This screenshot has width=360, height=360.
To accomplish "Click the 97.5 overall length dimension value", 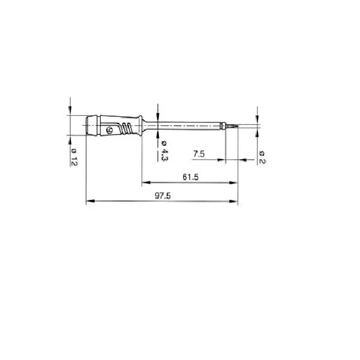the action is click(163, 196).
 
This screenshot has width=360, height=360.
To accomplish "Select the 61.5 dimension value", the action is click(191, 177).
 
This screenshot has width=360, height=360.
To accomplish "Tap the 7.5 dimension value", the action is click(199, 154).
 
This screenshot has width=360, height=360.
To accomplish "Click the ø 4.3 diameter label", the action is click(164, 151).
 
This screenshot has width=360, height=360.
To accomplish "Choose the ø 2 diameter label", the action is click(262, 157).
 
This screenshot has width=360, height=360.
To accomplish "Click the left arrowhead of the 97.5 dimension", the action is click(90, 201).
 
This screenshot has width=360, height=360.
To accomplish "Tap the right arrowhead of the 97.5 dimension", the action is click(233, 202).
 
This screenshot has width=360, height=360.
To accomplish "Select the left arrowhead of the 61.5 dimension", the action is click(146, 182).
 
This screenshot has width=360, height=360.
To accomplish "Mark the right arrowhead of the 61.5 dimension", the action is click(233, 183).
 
